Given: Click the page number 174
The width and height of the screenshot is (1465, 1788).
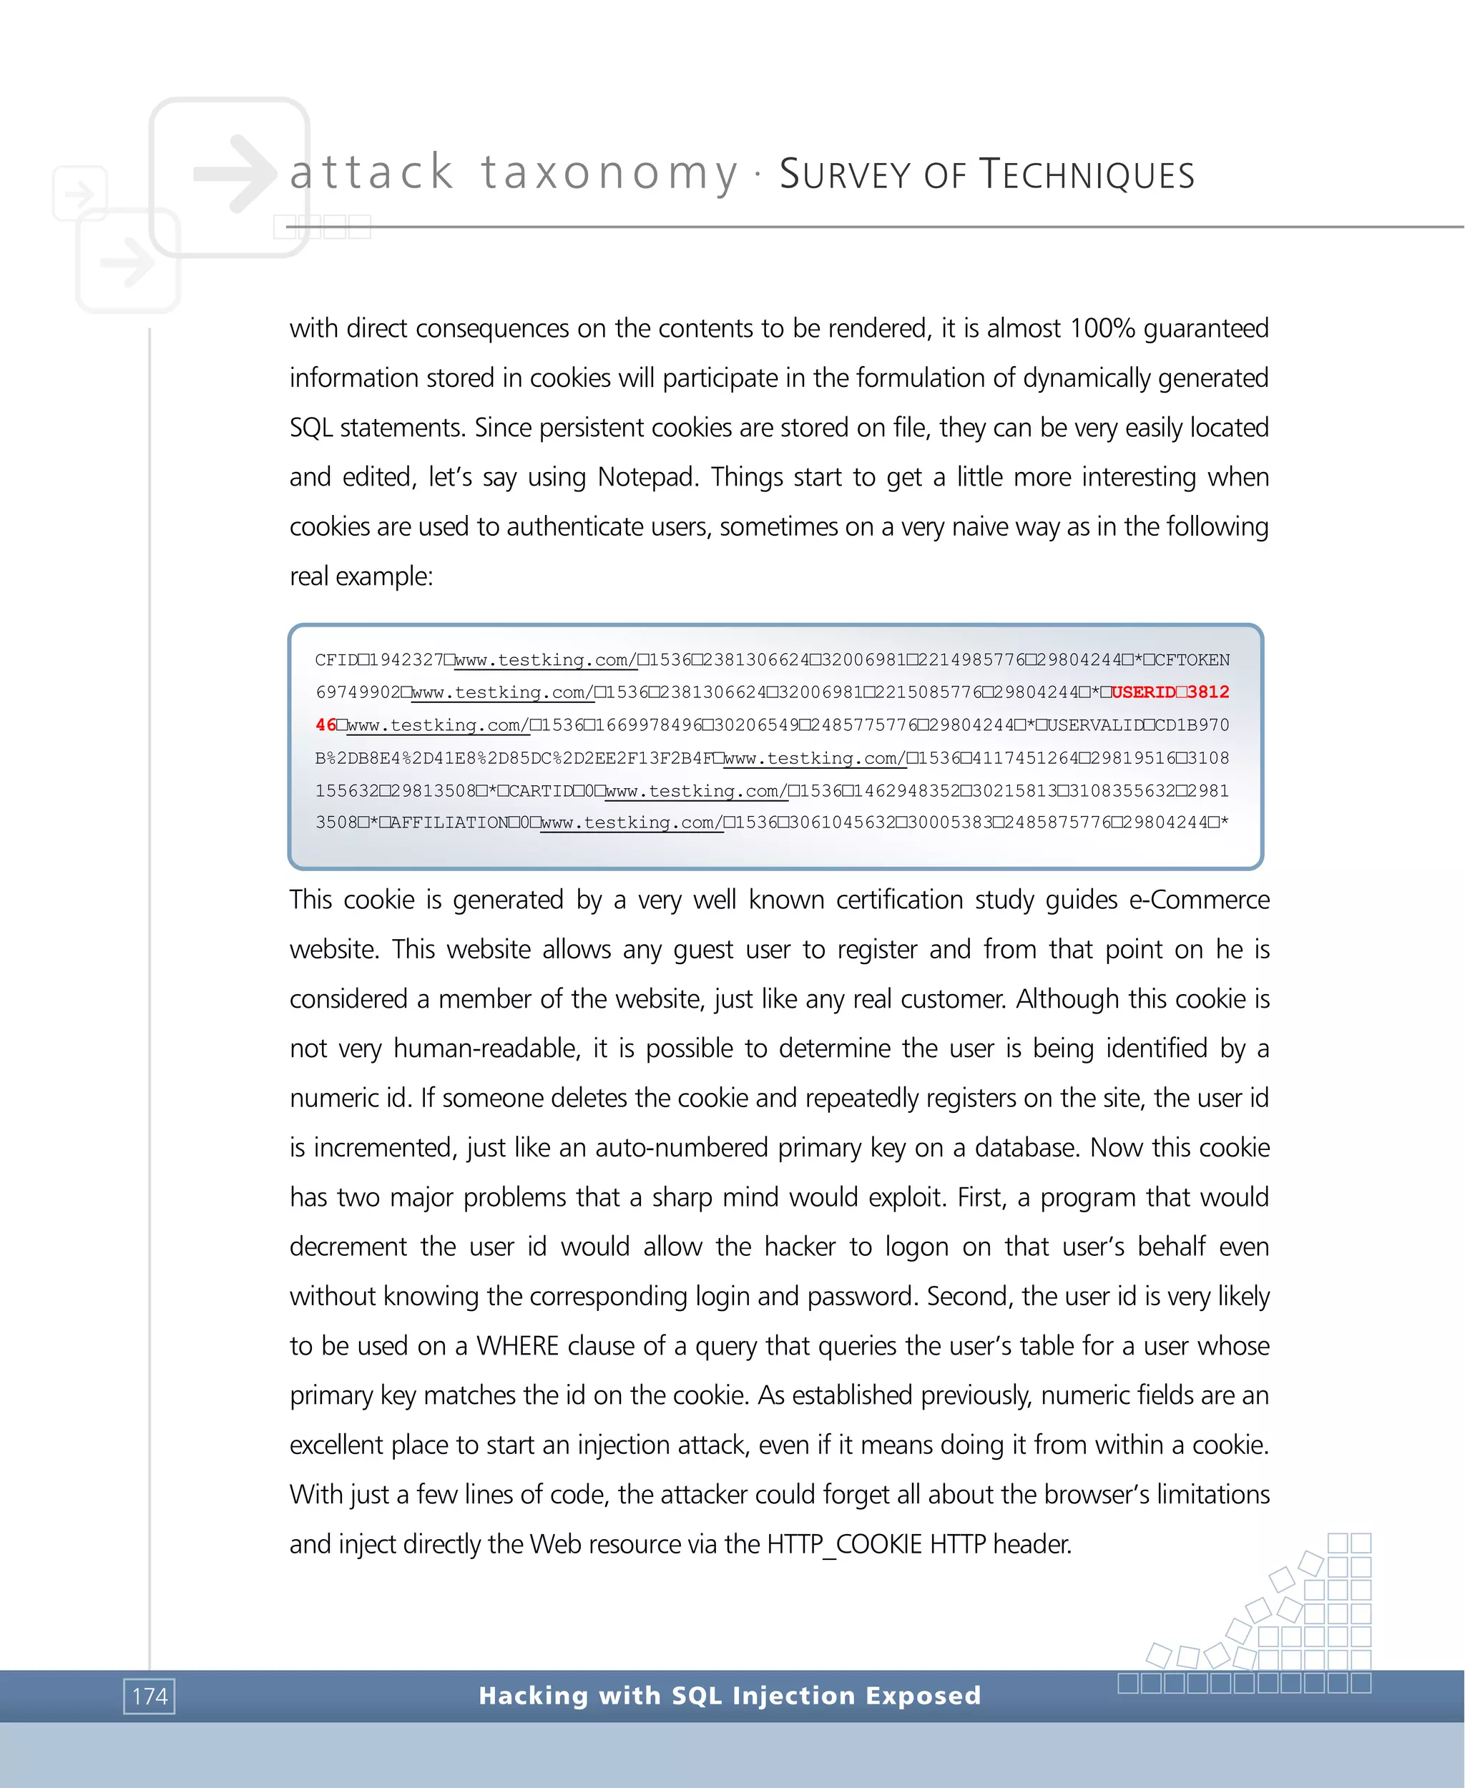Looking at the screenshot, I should pos(150,1696).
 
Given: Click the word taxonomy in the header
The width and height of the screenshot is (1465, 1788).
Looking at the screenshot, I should pos(609,173).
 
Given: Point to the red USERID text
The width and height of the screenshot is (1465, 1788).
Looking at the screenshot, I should pos(1144,692).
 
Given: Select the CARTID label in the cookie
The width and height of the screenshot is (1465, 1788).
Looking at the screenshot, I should pos(541,790).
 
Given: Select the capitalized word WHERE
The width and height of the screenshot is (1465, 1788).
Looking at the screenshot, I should pos(517,1346).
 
